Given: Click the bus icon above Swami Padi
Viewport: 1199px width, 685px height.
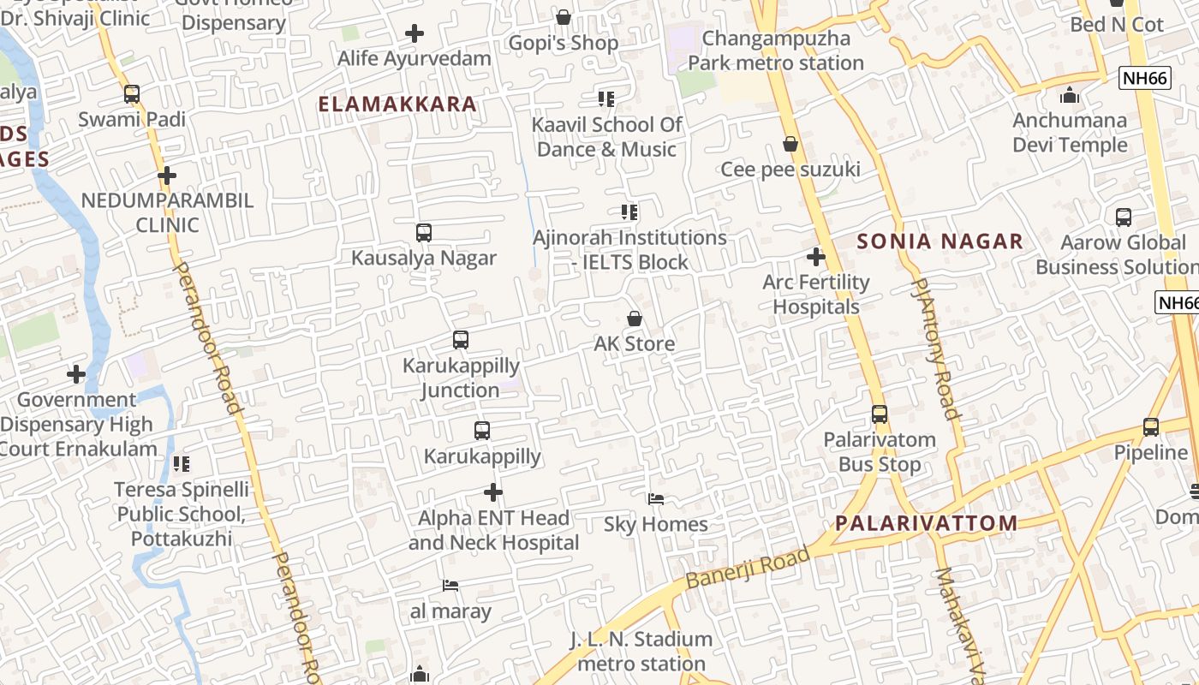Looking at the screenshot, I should [131, 94].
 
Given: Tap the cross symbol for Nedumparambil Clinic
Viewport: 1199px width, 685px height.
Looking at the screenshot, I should [167, 176].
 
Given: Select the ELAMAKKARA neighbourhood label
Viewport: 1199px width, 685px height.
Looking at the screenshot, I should [397, 104].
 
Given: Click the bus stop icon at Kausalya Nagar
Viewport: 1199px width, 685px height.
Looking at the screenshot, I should [423, 233].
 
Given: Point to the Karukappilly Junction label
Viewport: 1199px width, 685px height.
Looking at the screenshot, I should [462, 378].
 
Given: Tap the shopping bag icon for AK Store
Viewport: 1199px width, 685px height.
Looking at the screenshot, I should [635, 319].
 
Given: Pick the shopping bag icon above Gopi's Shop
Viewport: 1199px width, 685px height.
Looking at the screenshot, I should [564, 18].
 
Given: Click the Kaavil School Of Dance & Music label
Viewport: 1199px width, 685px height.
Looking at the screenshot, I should [606, 137].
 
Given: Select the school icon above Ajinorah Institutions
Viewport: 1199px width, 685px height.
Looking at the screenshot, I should [629, 212].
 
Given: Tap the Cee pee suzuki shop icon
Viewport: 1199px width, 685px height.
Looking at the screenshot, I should [790, 145].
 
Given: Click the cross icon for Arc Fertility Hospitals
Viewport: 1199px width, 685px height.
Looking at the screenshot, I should [816, 257].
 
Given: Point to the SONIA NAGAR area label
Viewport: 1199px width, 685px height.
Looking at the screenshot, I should [940, 241].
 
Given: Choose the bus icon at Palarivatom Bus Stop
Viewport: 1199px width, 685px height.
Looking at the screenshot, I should [880, 414].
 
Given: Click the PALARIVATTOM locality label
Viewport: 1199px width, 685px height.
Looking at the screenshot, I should [927, 523].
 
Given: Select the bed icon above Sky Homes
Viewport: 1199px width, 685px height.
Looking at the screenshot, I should [656, 499].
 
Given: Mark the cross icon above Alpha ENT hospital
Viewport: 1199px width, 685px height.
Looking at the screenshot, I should [493, 492].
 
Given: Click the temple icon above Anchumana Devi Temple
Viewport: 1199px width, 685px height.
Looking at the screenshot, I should [1069, 95].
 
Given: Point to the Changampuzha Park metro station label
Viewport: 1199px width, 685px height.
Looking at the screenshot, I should [776, 51].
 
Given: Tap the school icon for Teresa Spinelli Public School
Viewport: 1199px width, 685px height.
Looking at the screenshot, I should [182, 464].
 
